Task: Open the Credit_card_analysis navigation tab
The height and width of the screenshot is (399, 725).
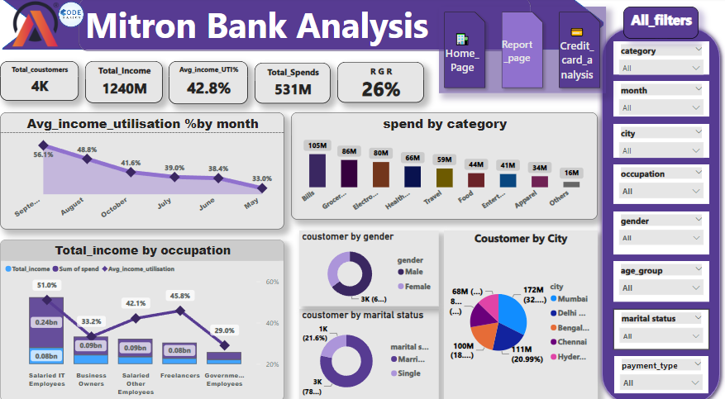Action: pos(577,53)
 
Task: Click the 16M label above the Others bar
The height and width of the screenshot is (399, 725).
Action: pos(570,173)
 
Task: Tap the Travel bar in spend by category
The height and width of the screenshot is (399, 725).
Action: pos(445,178)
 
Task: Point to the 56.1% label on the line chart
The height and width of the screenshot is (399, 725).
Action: pos(44,154)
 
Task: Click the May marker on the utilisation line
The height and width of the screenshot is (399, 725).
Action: pos(262,188)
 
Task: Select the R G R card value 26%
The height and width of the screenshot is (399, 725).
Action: pos(380,89)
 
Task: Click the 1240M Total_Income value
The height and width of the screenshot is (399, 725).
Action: pos(124,89)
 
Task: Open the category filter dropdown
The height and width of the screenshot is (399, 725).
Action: pos(661,69)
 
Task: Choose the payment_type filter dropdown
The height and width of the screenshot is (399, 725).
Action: pos(661,382)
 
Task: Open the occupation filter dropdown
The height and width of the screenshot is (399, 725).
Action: pos(661,192)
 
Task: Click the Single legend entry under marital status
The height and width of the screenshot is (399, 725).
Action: pos(407,373)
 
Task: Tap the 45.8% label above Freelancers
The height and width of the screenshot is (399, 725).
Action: pos(179,296)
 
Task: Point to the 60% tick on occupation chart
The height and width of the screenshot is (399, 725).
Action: pos(270,282)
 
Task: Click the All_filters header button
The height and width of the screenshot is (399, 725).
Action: pos(661,21)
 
